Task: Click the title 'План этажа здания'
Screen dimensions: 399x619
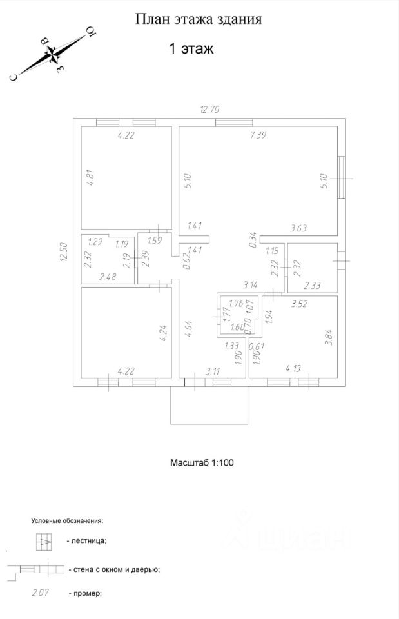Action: pos(198,19)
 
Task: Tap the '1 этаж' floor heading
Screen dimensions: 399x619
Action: pos(191,48)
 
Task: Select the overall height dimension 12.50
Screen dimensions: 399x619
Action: pos(63,251)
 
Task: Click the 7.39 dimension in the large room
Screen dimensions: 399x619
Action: pos(257,135)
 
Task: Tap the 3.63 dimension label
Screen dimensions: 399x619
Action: pos(300,227)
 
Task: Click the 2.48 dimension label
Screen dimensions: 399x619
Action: pos(108,277)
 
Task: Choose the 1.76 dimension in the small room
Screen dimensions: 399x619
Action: pos(236,303)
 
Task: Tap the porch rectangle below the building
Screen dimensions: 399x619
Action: pos(208,406)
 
